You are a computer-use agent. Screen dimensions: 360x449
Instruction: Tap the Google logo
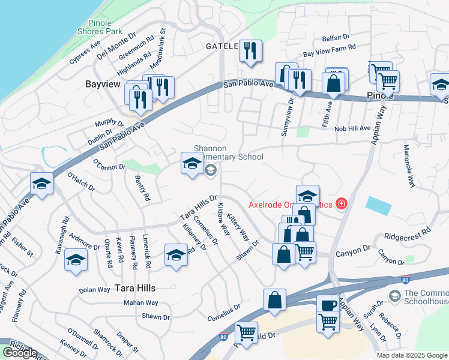pos(19,353)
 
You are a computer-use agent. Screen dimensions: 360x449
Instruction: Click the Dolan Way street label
pos(95,290)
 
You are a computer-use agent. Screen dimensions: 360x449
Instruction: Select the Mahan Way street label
pos(141,303)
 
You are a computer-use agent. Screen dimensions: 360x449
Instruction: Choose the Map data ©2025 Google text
pos(411,355)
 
